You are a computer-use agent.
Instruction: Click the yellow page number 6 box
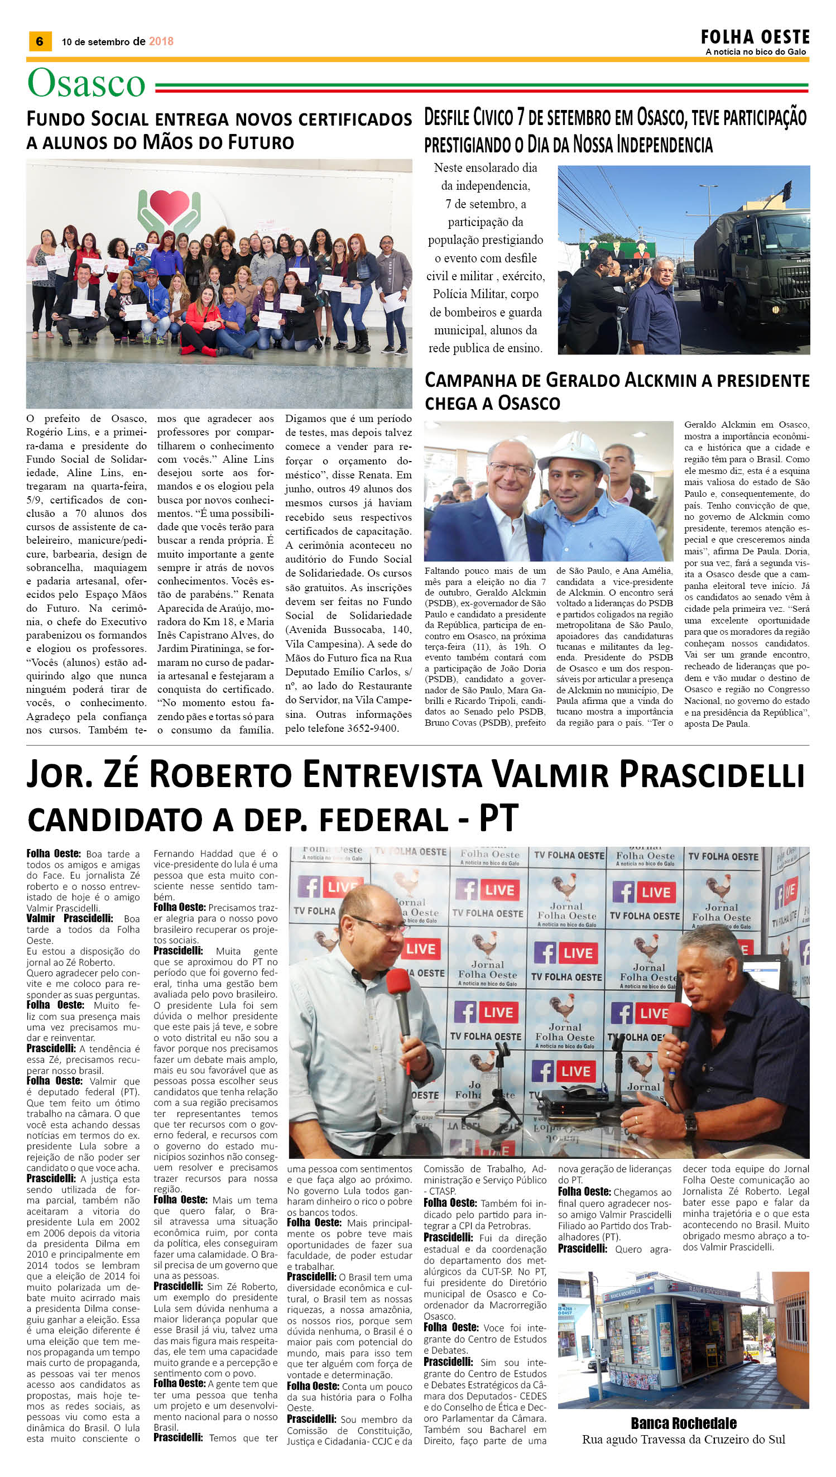40,41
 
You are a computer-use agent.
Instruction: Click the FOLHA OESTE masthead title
755,37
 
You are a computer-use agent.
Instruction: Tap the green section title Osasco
86,84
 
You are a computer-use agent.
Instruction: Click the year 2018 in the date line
161,41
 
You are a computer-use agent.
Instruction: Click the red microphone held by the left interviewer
398,986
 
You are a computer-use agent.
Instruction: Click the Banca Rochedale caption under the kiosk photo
683,1423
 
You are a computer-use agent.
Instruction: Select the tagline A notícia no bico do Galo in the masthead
756,52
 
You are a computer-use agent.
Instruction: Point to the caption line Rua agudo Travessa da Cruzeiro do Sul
683,1439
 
